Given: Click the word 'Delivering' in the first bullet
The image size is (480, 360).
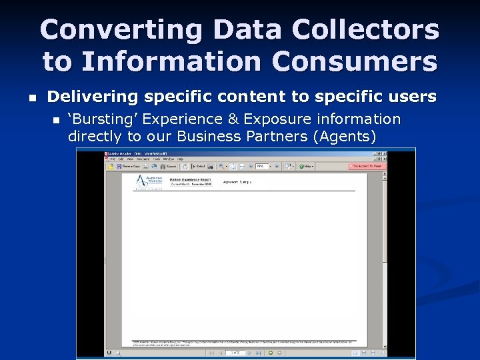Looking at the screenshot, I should pos(92,97).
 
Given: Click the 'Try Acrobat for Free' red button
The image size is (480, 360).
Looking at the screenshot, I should pos(367,166).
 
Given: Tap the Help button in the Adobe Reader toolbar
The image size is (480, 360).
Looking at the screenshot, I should pos(307,166).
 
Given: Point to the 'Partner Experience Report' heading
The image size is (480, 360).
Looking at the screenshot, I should pos(193,178).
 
